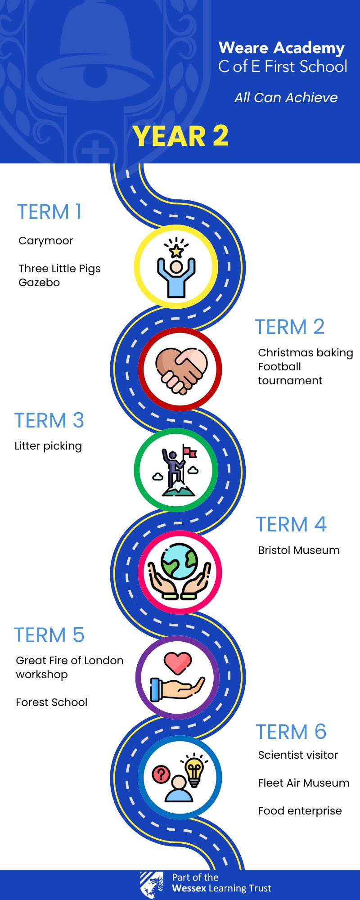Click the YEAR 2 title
pos(180,136)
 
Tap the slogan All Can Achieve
pos(286,98)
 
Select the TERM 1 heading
pos(49,211)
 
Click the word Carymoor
pos(45,241)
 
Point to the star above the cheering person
pos(176,251)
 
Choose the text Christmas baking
pos(305,353)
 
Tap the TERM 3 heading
pos(49,420)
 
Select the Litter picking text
pos(48,446)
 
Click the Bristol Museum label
pos(299,550)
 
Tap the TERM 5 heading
pos(49,635)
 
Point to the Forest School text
pos(52,702)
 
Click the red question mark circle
pos(161,774)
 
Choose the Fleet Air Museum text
pos(304,783)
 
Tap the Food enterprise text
pos(300,811)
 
